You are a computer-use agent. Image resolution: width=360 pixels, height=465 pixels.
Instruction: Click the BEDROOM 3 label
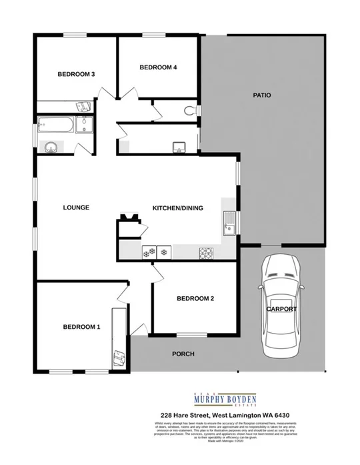75,74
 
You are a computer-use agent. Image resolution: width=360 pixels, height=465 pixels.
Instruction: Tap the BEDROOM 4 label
158,67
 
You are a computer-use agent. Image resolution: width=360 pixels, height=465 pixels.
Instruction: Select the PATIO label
261,95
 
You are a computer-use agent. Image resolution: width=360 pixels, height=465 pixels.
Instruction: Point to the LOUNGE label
76,207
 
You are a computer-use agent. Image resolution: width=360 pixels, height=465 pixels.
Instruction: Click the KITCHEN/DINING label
178,208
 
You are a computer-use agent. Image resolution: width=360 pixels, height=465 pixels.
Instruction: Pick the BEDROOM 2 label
195,299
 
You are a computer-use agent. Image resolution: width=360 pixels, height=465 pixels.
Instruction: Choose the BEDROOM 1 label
81,327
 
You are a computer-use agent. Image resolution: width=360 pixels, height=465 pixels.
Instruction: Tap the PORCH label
183,354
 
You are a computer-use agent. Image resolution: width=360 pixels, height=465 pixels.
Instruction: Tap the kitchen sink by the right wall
229,222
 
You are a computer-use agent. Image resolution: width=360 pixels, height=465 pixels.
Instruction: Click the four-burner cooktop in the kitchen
205,252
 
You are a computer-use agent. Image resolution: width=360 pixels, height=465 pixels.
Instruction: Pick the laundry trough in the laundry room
178,147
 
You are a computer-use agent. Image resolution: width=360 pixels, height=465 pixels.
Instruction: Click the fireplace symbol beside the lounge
128,218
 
